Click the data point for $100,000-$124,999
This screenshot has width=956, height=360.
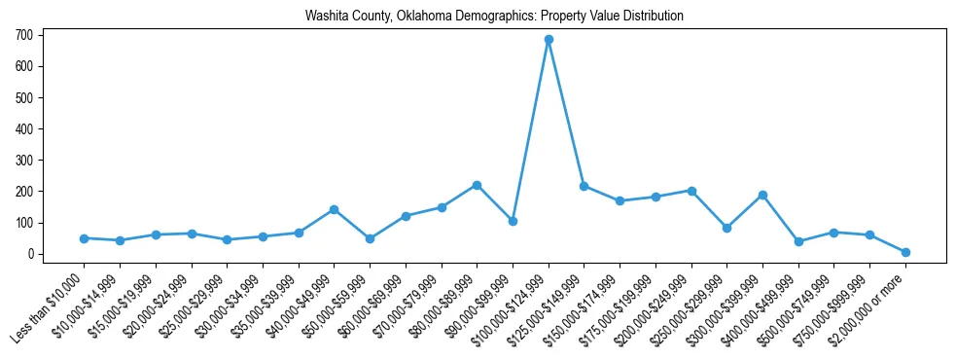coord(549,40)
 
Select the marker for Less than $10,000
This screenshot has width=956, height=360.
coord(85,238)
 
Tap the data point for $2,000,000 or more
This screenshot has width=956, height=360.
coord(905,252)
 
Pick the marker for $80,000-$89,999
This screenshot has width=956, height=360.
coord(477,185)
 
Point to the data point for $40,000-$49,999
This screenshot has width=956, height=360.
coord(335,209)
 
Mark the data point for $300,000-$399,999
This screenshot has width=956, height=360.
coord(762,195)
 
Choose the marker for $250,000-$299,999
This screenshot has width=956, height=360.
coord(726,228)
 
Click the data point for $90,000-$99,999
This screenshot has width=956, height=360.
coord(513,221)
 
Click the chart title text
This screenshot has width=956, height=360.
coord(494,17)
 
